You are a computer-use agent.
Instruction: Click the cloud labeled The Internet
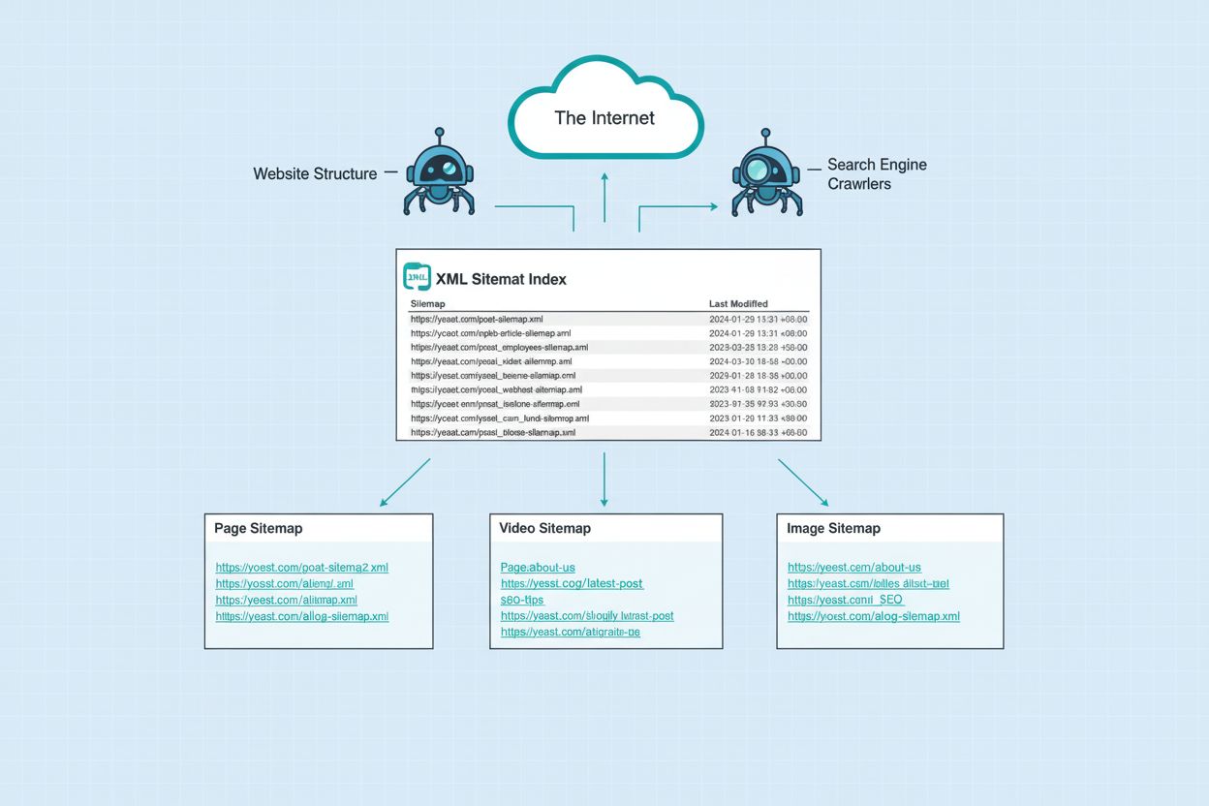[604, 113]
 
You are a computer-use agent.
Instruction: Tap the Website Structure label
[315, 174]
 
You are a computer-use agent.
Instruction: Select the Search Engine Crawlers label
[876, 173]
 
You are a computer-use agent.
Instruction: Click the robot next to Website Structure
[439, 174]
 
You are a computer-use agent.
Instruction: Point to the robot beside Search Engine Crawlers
[765, 174]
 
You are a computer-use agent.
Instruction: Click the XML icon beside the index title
[417, 277]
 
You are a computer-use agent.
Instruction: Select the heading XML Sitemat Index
[501, 279]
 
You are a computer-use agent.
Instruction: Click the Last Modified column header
[738, 304]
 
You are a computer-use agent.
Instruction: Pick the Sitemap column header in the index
[427, 304]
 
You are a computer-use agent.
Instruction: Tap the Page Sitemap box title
[259, 529]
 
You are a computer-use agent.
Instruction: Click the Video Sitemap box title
[544, 529]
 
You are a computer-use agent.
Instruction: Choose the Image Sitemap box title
[833, 529]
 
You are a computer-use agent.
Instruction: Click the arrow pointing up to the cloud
[604, 199]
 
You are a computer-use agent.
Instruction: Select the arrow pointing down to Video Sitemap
[604, 479]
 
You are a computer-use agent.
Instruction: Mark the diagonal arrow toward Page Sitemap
[405, 482]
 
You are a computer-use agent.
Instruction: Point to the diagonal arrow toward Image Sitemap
[803, 482]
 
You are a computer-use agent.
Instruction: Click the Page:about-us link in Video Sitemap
[538, 568]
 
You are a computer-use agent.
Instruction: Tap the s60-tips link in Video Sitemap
[522, 600]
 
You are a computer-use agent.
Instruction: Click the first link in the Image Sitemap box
[853, 568]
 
